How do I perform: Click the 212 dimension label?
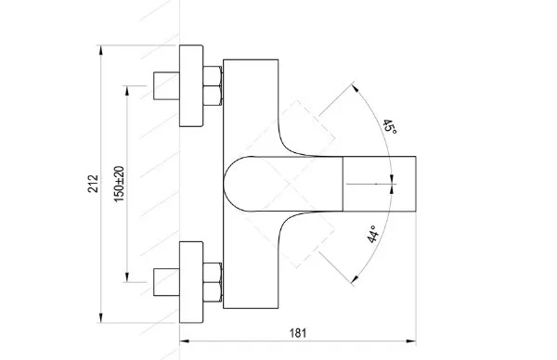[93, 183]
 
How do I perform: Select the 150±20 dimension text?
[120, 184]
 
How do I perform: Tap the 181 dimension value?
[298, 333]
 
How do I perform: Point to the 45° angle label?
[389, 127]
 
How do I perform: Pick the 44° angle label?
[373, 234]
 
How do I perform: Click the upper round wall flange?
[191, 85]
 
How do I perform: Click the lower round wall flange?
[191, 282]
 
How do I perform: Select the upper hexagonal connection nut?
[213, 85]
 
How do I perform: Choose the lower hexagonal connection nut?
[213, 282]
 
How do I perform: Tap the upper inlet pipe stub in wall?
[166, 85]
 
